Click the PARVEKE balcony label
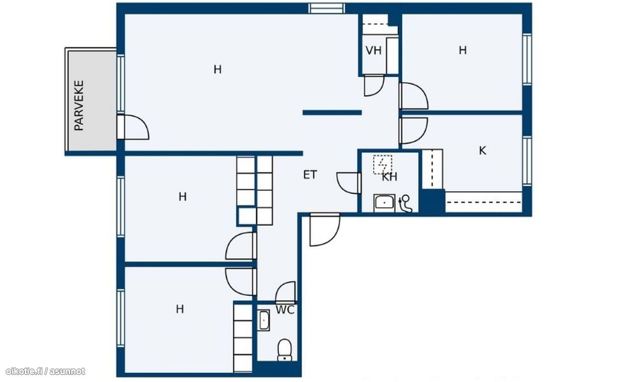tap(79, 106)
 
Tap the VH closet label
tap(373, 50)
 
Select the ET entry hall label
tap(310, 175)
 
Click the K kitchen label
tap(483, 151)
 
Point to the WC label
tap(285, 310)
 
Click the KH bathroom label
tap(390, 177)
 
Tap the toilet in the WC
tap(285, 349)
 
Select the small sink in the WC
tap(264, 321)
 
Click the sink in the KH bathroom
tap(384, 203)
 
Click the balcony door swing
tap(133, 127)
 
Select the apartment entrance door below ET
tap(325, 230)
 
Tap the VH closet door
tap(374, 85)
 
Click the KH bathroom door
tap(349, 182)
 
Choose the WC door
tap(286, 291)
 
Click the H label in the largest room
tap(217, 70)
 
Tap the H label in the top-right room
tap(462, 50)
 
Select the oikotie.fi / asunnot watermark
tap(45, 371)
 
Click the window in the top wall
tap(327, 8)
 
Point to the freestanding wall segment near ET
tap(332, 113)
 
